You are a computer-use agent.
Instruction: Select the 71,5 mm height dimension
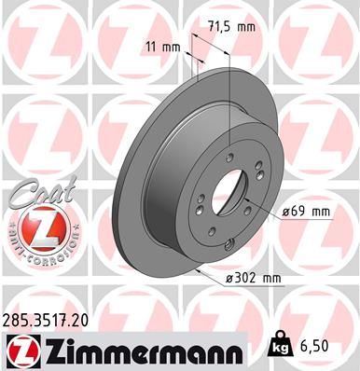[x=231, y=27]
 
